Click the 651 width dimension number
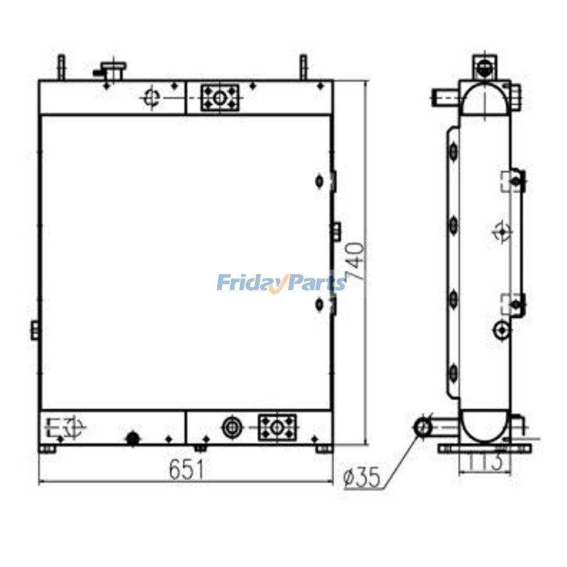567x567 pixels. pyautogui.click(x=186, y=470)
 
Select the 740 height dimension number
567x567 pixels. pyautogui.click(x=355, y=261)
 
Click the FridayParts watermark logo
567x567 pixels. pyautogui.click(x=281, y=283)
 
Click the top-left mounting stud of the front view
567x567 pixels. pyautogui.click(x=62, y=67)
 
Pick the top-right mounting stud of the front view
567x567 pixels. pyautogui.click(x=303, y=67)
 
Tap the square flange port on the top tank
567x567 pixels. pyautogui.click(x=219, y=98)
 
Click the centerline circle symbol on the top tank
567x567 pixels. pyautogui.click(x=151, y=98)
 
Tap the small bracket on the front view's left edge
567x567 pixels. pyautogui.click(x=36, y=329)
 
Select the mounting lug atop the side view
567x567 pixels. pyautogui.click(x=484, y=66)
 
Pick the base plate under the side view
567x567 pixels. pyautogui.click(x=484, y=448)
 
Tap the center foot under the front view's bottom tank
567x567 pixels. pyautogui.click(x=200, y=448)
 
